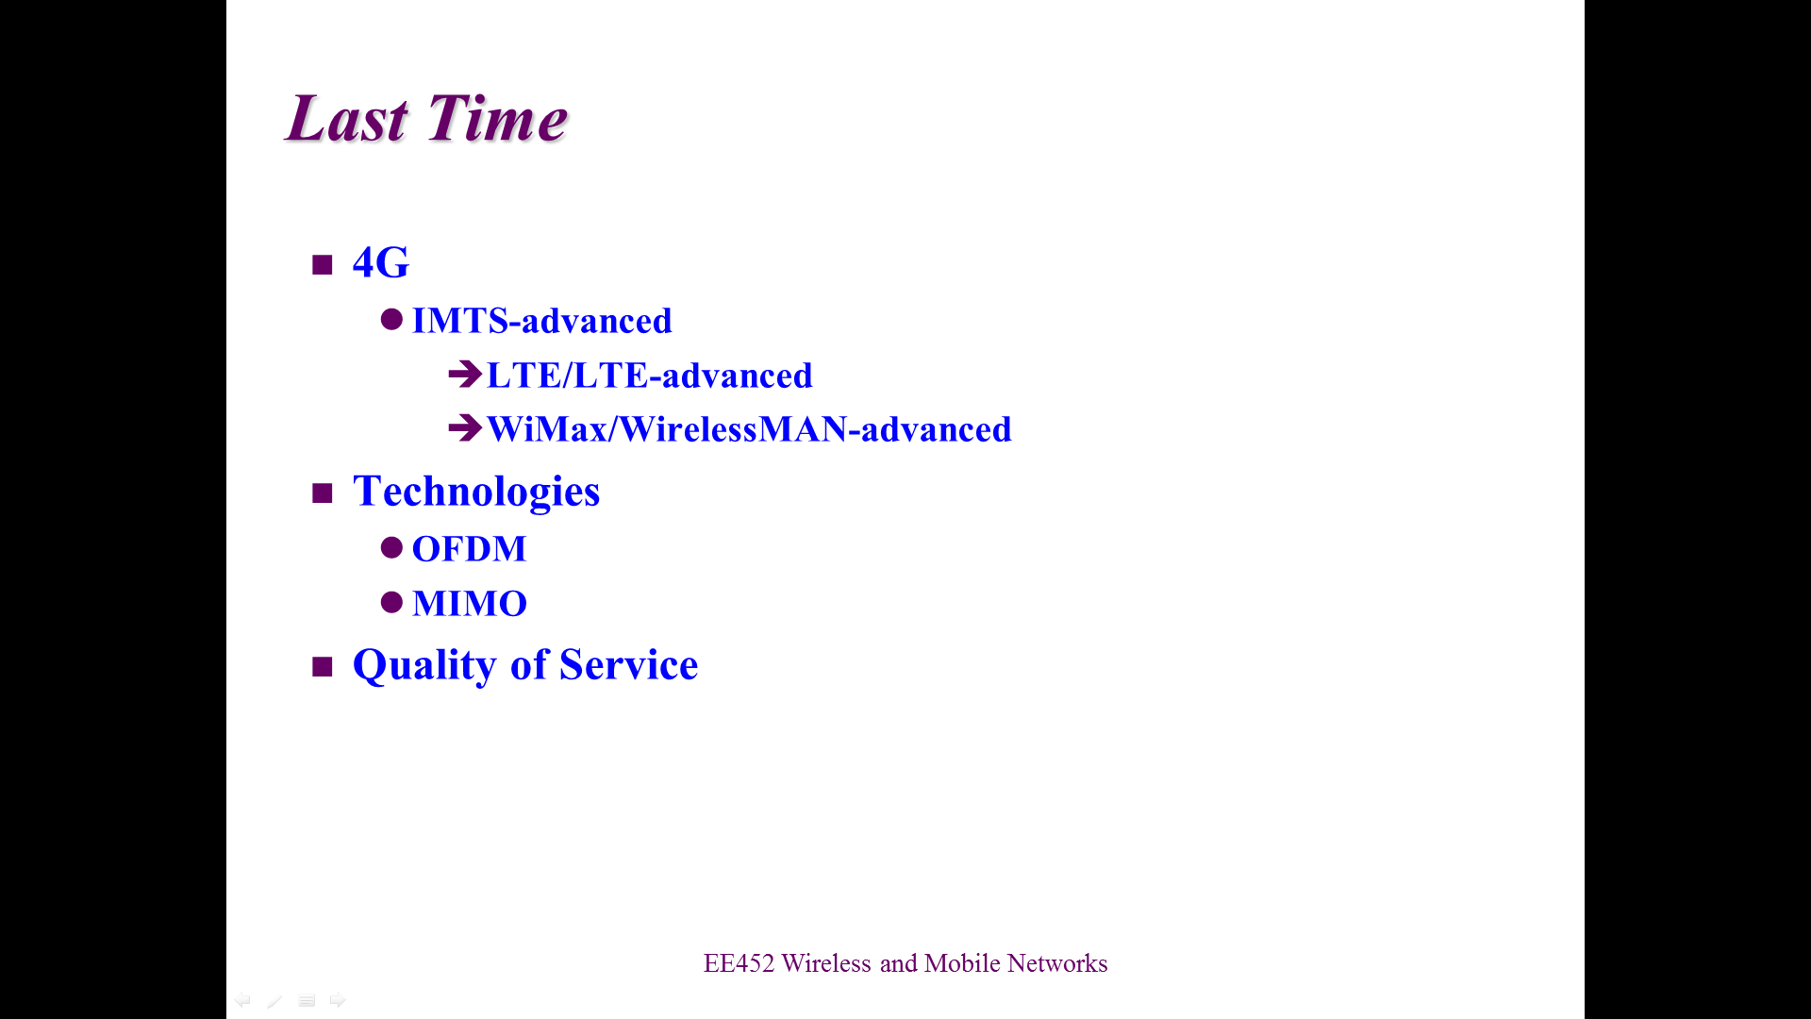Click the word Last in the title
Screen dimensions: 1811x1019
pos(347,119)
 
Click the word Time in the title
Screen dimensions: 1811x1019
pos(497,119)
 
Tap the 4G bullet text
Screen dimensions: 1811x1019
pos(381,262)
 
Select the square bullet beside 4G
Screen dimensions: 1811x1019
pos(323,264)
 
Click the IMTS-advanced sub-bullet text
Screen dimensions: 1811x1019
pos(542,321)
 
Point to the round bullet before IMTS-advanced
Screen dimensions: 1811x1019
pos(391,319)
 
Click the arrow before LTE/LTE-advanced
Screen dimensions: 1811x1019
pos(465,375)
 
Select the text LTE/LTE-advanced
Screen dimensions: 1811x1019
pos(650,376)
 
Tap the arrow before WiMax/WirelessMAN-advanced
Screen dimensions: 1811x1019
pos(465,428)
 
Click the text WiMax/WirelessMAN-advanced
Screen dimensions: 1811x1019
pos(749,429)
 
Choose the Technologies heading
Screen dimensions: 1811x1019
pos(476,492)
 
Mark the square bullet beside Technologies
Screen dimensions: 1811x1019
pos(323,493)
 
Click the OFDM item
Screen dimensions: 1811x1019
pos(470,549)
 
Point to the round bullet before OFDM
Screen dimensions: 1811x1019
pos(391,547)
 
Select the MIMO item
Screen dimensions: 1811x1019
pos(470,604)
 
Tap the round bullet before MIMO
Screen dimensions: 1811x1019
pos(391,602)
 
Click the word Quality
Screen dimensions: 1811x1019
pos(425,666)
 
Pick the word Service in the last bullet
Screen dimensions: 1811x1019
pos(629,665)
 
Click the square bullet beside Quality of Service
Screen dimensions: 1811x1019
pos(323,667)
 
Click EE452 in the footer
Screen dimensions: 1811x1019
pos(739,963)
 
